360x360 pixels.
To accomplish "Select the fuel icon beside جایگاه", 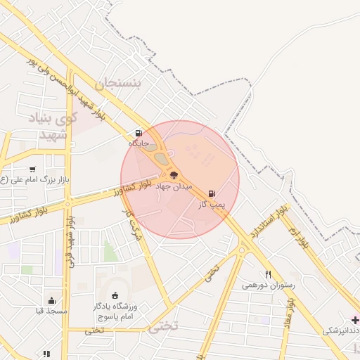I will tap(139, 132).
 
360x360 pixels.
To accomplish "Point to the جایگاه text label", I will tap(139, 143).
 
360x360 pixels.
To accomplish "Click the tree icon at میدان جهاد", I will tap(174, 176).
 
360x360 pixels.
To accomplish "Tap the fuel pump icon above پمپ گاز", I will tap(212, 193).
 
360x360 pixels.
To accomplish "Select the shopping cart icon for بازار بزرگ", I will tap(32, 169).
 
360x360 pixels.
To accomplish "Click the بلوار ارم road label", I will tap(302, 233).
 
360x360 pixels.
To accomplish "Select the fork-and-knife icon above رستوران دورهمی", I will tap(268, 274).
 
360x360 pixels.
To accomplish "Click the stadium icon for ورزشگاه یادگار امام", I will tap(115, 295).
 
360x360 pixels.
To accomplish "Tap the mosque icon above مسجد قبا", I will tap(52, 301).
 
